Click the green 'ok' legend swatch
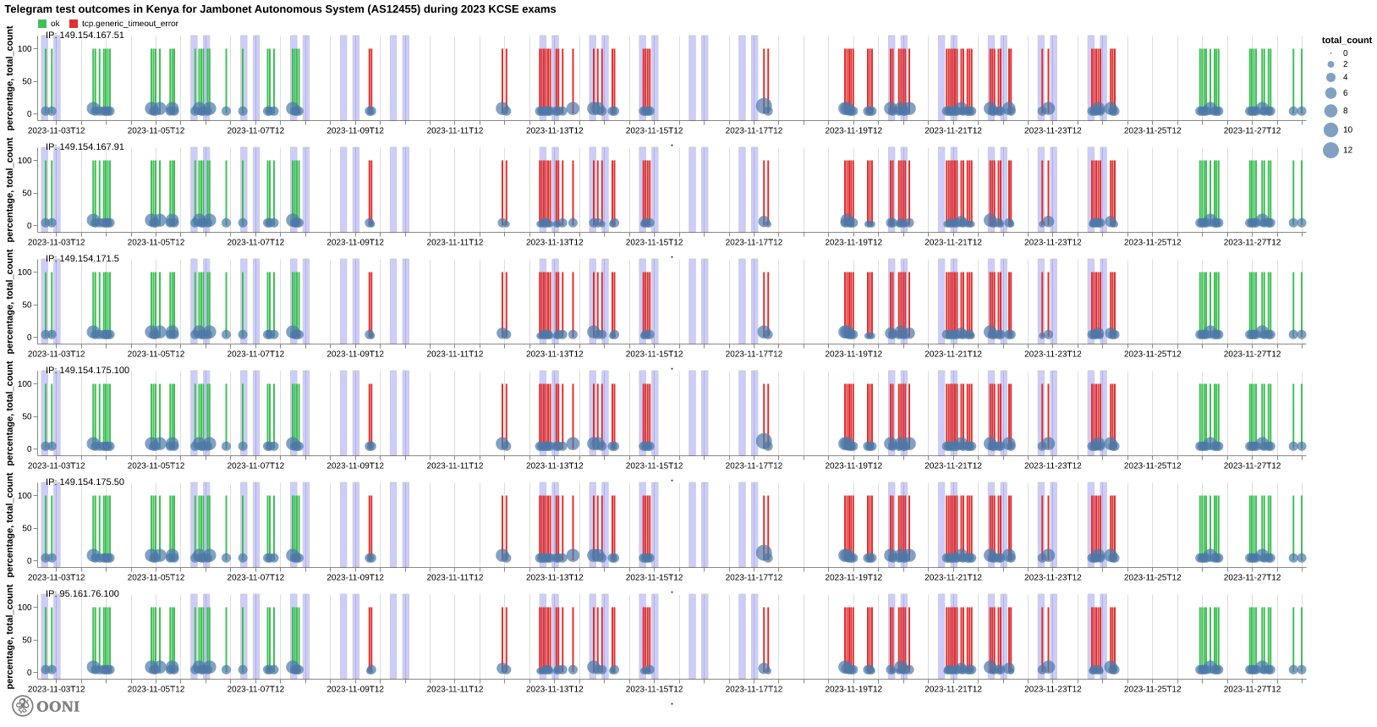(x=42, y=24)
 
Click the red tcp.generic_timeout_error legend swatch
(x=74, y=24)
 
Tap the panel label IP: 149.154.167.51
(x=85, y=36)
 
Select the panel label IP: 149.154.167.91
(x=85, y=147)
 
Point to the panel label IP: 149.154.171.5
(x=82, y=259)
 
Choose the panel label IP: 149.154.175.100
(x=87, y=371)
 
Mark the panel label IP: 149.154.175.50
(x=85, y=482)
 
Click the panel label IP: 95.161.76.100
(x=82, y=594)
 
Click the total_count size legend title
(x=1347, y=41)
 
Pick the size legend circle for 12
(x=1330, y=150)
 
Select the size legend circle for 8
(x=1330, y=111)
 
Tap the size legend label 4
(x=1346, y=77)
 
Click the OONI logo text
(x=58, y=706)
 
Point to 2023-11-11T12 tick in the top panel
(x=455, y=130)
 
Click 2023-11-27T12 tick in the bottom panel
(x=1252, y=689)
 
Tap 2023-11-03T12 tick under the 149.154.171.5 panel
(x=57, y=354)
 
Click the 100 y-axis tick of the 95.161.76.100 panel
(x=25, y=608)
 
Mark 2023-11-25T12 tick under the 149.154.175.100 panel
(x=1152, y=465)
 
